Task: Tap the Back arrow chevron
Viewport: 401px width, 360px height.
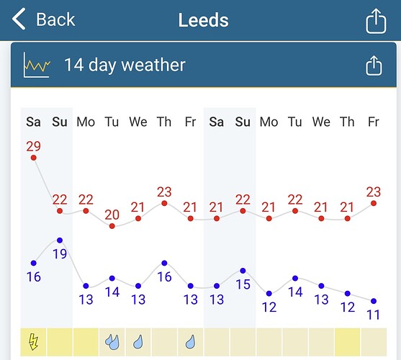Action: [19, 19]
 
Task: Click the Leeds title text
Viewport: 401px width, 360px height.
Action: [203, 20]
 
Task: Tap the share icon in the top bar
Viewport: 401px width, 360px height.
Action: [376, 21]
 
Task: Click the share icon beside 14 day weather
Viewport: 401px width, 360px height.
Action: [374, 66]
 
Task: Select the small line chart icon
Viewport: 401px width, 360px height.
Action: [37, 65]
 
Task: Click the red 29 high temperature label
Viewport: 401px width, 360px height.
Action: [34, 146]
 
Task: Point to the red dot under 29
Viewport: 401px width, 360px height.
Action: [34, 158]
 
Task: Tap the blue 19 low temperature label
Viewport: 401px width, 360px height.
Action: [60, 254]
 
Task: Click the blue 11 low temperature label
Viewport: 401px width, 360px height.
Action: [374, 315]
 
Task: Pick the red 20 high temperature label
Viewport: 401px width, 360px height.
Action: [112, 215]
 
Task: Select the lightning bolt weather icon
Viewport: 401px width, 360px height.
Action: [34, 341]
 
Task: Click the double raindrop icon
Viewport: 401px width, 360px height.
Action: [112, 342]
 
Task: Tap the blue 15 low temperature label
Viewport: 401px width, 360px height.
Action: [243, 284]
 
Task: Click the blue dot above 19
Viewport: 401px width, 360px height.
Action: [60, 240]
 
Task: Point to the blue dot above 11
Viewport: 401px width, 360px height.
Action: [374, 301]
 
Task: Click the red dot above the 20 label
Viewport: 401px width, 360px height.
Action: [112, 226]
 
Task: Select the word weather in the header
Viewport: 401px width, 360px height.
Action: [153, 65]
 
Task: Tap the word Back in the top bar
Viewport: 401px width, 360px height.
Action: [55, 19]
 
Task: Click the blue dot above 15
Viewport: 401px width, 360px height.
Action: [243, 271]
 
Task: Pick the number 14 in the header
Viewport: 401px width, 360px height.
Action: [74, 65]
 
